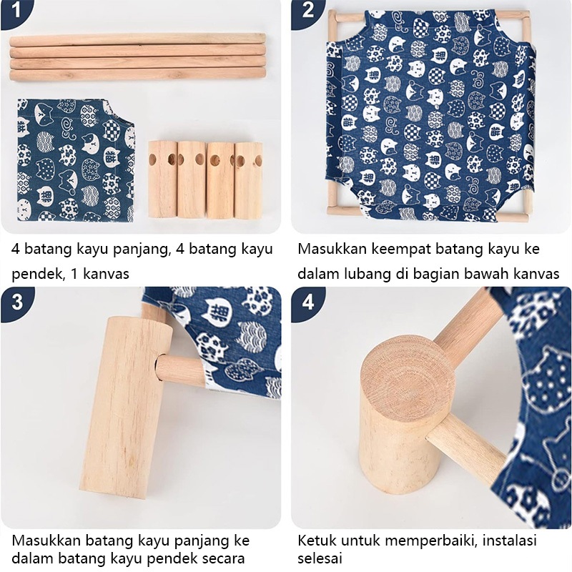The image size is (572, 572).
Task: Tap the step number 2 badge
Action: (x=307, y=11)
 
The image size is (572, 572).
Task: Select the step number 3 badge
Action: (x=17, y=302)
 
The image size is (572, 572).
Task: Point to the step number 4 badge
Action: (x=308, y=302)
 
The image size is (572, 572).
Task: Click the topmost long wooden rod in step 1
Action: (x=137, y=39)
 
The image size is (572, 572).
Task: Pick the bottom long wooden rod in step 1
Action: (x=137, y=74)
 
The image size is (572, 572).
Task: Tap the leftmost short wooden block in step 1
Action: (x=163, y=179)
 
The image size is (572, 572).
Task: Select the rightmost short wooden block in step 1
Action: (x=248, y=181)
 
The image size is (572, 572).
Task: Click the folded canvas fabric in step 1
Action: (x=76, y=160)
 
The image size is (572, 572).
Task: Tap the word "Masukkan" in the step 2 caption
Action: (x=332, y=249)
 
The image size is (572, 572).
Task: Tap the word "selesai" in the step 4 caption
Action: (x=320, y=558)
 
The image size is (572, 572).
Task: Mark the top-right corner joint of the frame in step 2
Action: (x=526, y=16)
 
